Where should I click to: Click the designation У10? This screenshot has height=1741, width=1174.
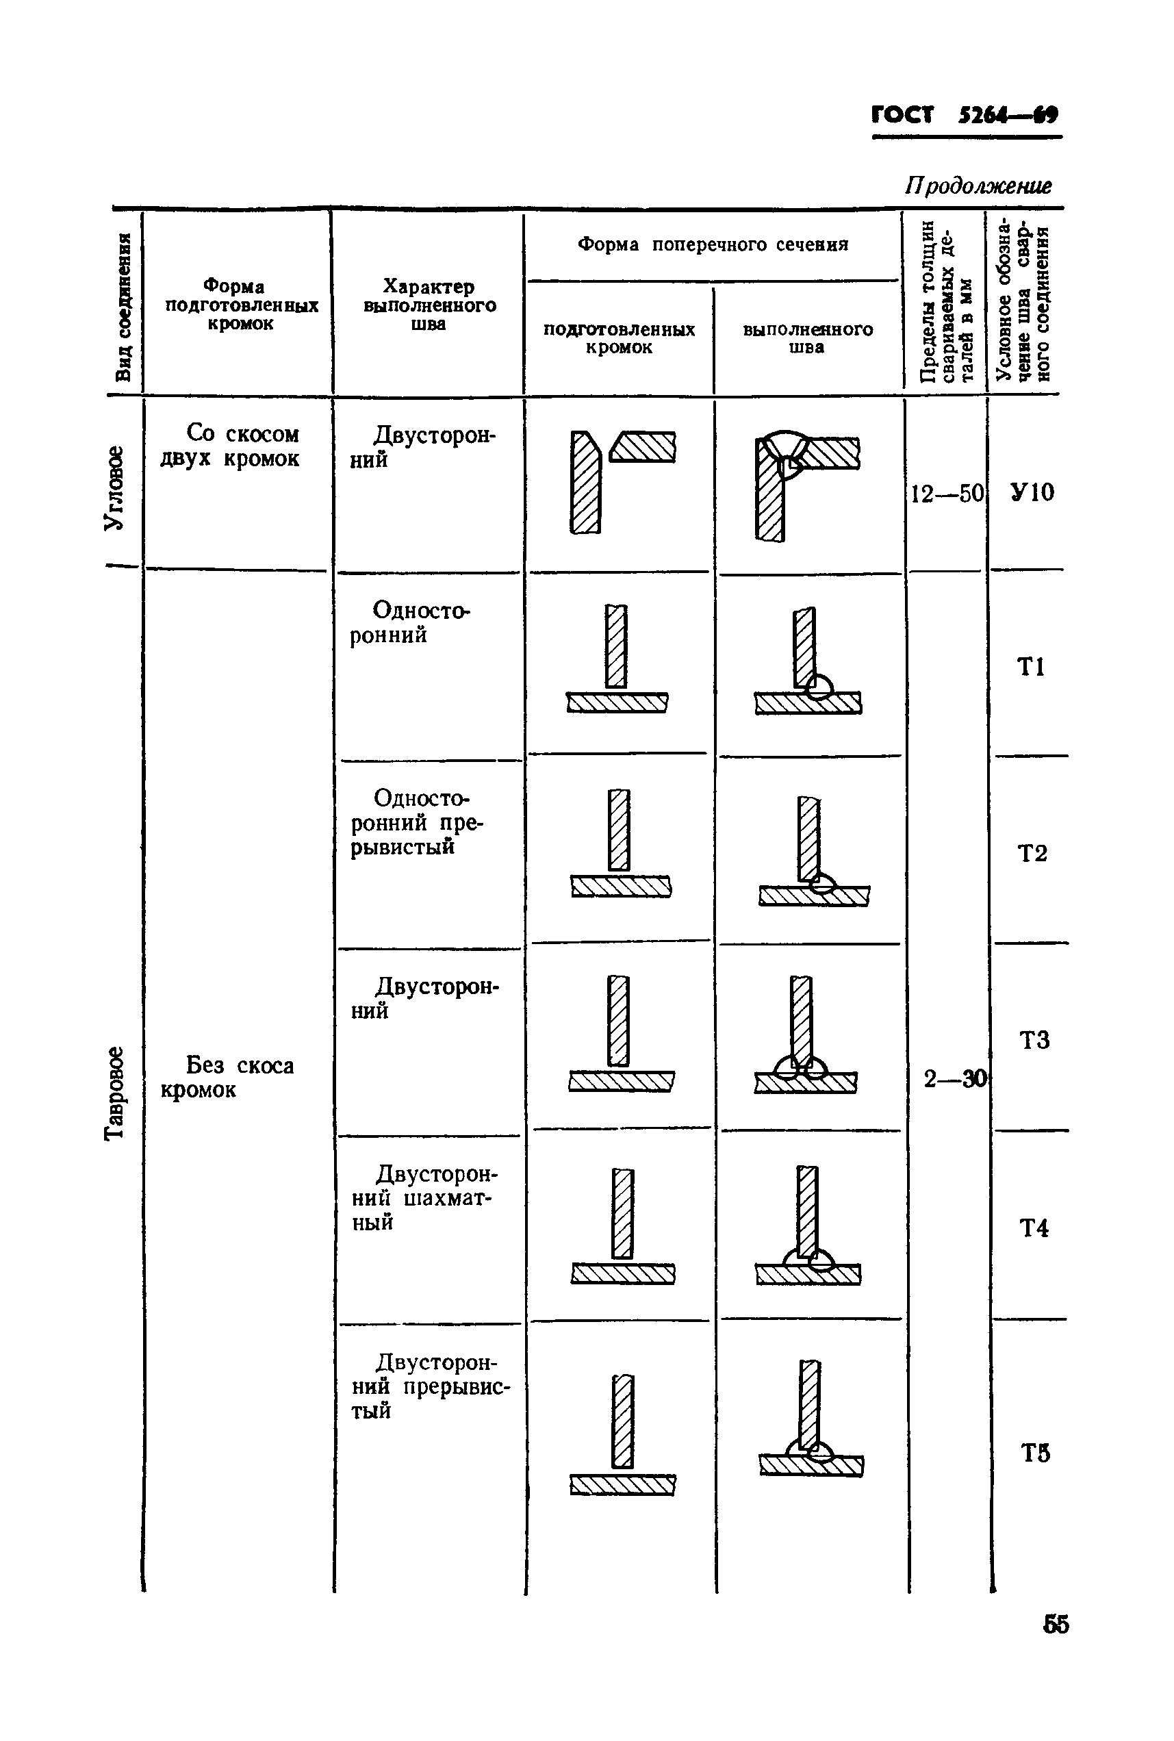[1032, 492]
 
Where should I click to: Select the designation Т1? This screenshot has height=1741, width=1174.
[1031, 666]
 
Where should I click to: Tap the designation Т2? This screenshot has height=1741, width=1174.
[1032, 853]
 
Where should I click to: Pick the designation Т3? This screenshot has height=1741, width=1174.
[1033, 1040]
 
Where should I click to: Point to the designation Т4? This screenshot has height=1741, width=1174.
[1033, 1228]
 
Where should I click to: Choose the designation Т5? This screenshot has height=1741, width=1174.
[1035, 1453]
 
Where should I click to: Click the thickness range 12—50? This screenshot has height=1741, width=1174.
[946, 494]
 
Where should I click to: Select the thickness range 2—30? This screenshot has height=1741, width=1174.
[955, 1078]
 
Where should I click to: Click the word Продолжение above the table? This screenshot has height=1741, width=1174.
[978, 186]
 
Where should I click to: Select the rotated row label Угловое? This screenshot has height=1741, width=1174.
[114, 488]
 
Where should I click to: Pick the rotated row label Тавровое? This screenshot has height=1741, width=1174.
[114, 1093]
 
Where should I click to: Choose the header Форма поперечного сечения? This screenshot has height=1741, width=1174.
[713, 245]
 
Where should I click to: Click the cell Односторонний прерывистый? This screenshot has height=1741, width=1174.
[416, 822]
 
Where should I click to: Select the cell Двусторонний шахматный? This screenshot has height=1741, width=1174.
[424, 1197]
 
